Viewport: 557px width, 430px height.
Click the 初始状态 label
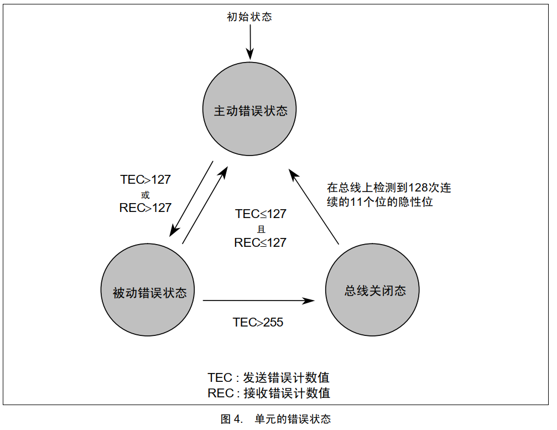(249, 17)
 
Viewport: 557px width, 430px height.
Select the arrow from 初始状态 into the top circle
(249, 42)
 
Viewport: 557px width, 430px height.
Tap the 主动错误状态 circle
(251, 111)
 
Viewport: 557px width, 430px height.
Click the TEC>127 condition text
(145, 180)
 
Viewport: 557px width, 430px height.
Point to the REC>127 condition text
(145, 208)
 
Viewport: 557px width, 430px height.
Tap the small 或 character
(145, 194)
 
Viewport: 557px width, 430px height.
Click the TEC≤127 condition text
(261, 214)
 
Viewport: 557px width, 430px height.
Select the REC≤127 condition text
(261, 242)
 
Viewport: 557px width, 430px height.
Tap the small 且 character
(261, 229)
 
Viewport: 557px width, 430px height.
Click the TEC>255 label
(258, 322)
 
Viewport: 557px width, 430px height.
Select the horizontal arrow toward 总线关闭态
(259, 301)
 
